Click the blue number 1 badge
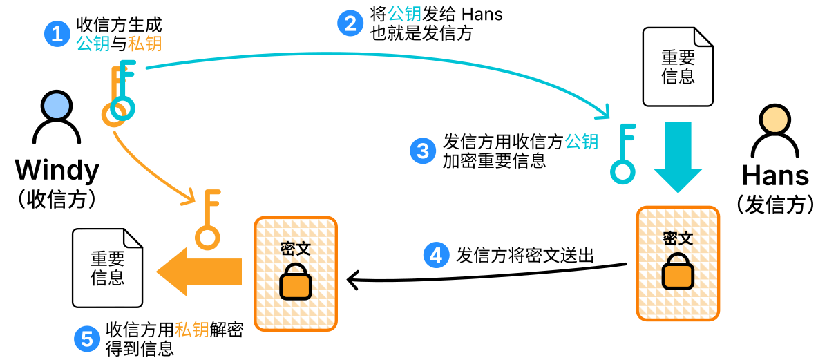click(57, 33)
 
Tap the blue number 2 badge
click(350, 23)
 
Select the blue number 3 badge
click(423, 151)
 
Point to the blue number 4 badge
click(436, 255)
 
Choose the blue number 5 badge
click(87, 339)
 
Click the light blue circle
click(57, 106)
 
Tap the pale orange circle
click(774, 120)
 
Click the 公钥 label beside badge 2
click(404, 14)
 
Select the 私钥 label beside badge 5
click(191, 330)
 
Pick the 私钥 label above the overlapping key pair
click(144, 44)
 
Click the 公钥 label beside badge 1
click(93, 44)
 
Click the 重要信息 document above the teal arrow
click(678, 67)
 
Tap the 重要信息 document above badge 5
click(107, 268)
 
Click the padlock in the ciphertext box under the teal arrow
click(678, 274)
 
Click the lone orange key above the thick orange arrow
click(207, 220)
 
